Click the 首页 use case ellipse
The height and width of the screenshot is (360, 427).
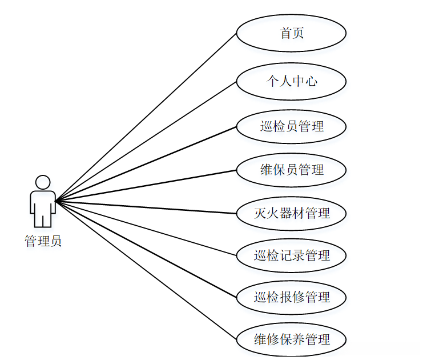291,33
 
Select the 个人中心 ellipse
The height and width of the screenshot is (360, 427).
291,81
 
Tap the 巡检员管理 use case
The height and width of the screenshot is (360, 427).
291,126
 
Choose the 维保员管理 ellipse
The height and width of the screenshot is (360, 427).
291,170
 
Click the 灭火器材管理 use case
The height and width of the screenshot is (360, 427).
291,213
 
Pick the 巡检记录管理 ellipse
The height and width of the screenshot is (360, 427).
291,255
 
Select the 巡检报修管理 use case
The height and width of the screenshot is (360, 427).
291,297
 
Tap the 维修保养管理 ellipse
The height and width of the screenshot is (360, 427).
291,339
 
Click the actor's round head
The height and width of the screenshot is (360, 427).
43,182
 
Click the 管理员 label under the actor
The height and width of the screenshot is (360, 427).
43,241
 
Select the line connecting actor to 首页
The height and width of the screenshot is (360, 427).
146,117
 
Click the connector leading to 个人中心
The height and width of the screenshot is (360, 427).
146,141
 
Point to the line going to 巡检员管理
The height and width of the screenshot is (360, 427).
146,163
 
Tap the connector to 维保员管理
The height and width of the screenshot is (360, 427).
146,186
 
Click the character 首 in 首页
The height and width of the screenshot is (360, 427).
285,33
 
